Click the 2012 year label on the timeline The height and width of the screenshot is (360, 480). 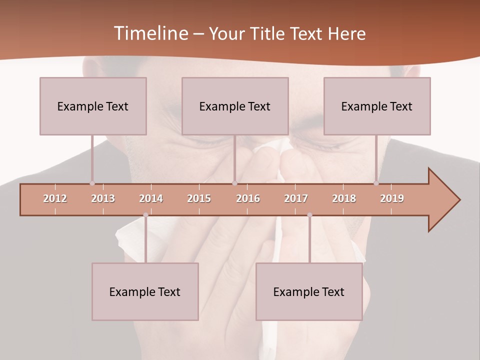pyautogui.click(x=55, y=198)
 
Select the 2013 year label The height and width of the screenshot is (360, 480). pyautogui.click(x=103, y=198)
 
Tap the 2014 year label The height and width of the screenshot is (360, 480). pyautogui.click(x=151, y=198)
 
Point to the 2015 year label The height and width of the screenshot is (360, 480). pyautogui.click(x=199, y=198)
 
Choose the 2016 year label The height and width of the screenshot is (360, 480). pyautogui.click(x=248, y=198)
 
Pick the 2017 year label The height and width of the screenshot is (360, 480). pyautogui.click(x=296, y=198)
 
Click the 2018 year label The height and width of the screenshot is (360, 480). pyautogui.click(x=344, y=198)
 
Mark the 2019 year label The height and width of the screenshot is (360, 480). pyautogui.click(x=392, y=198)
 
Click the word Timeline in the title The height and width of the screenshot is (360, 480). pyautogui.click(x=150, y=33)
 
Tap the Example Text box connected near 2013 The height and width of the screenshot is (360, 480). pyautogui.click(x=93, y=106)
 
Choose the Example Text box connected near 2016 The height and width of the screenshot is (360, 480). pyautogui.click(x=235, y=106)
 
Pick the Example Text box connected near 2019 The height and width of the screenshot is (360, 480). pyautogui.click(x=377, y=106)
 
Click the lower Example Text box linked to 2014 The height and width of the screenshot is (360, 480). pyautogui.click(x=145, y=291)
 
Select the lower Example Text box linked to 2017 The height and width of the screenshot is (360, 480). pyautogui.click(x=309, y=291)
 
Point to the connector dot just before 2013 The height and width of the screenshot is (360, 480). pyautogui.click(x=92, y=183)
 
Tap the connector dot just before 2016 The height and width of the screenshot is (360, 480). pyautogui.click(x=234, y=183)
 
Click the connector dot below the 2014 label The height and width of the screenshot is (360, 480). pyautogui.click(x=145, y=215)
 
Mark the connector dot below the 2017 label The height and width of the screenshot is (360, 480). pyautogui.click(x=309, y=215)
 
